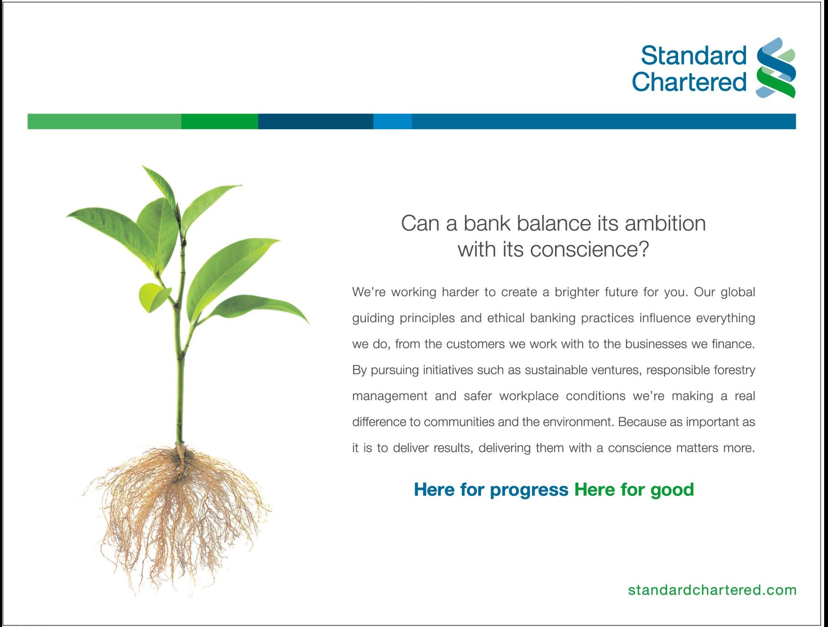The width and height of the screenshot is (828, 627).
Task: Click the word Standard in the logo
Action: click(694, 55)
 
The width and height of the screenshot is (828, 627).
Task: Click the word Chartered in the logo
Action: click(689, 82)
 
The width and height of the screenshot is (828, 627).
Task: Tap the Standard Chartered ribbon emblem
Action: click(776, 68)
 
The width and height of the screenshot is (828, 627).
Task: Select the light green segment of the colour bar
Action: click(104, 121)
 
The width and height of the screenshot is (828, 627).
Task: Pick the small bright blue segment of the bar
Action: click(392, 121)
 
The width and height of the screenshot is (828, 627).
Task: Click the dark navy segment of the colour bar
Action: click(316, 121)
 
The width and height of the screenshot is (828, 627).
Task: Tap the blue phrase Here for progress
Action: click(491, 490)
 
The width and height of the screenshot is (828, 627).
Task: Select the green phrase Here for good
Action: click(634, 490)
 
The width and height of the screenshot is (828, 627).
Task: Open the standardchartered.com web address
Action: click(712, 590)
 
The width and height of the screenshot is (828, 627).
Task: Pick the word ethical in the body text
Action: click(506, 318)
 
